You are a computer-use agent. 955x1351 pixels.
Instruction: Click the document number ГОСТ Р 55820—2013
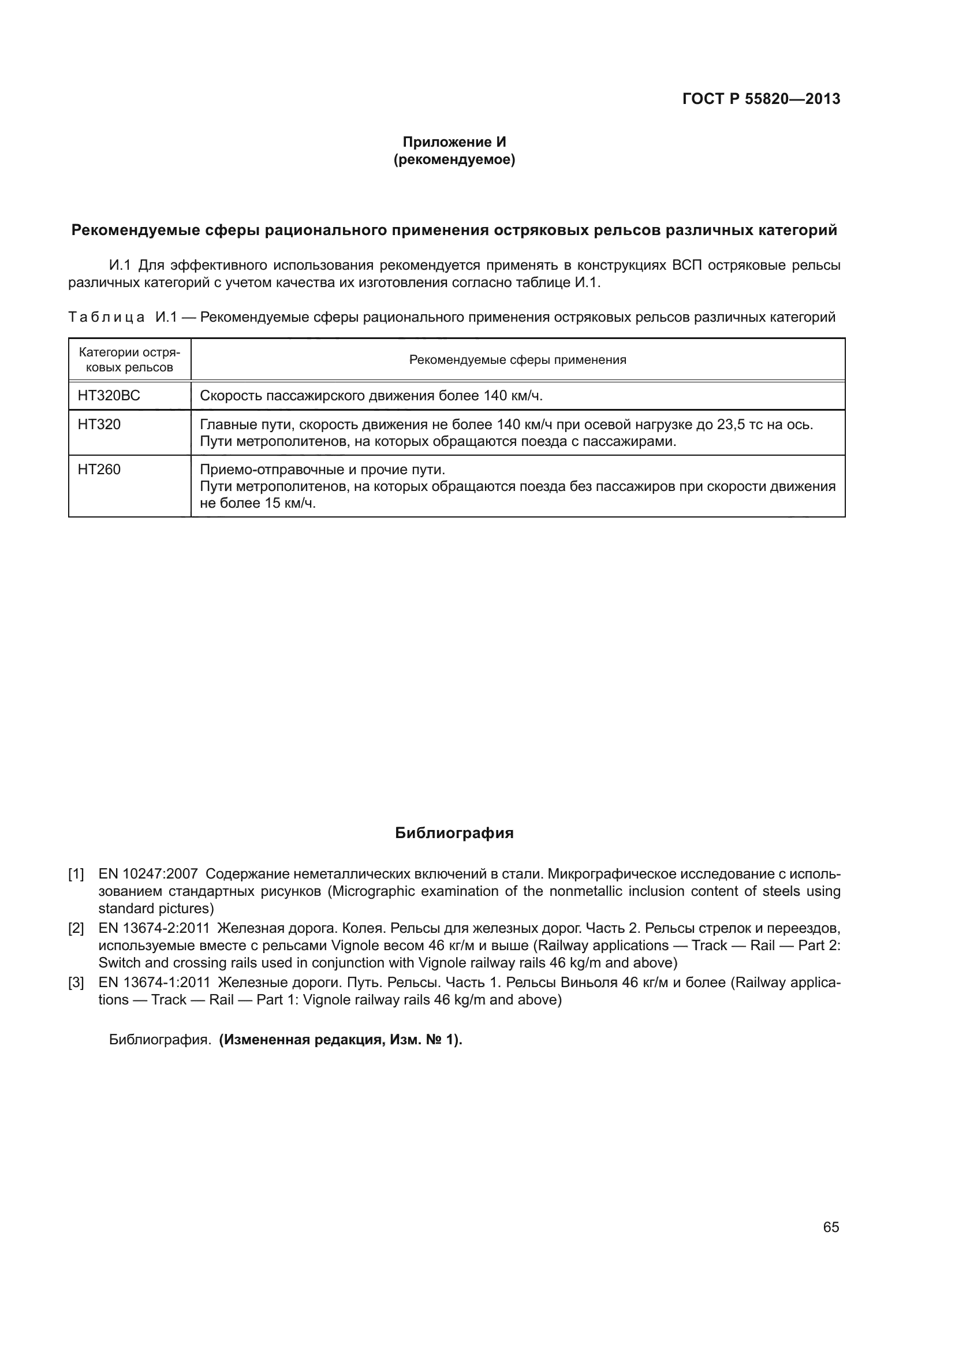tap(761, 99)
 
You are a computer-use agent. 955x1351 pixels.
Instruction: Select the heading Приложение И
tap(454, 142)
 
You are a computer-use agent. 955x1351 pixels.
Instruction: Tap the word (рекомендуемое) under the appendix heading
tap(454, 159)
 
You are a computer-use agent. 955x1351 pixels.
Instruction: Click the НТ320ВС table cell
tap(109, 396)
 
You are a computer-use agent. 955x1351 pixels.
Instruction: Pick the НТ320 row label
tap(99, 425)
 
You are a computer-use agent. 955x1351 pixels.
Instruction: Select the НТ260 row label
tap(99, 470)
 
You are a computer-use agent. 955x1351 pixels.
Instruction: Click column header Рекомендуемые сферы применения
tap(517, 359)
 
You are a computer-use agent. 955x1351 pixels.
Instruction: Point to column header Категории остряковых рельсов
tap(129, 359)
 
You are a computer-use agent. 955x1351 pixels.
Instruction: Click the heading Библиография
tap(454, 833)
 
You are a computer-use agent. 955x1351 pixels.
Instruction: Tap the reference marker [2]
tap(76, 929)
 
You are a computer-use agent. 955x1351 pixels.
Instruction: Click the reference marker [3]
tap(76, 982)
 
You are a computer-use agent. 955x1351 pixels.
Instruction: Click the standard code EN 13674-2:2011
tap(154, 929)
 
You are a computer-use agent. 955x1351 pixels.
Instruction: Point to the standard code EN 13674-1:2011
tap(154, 982)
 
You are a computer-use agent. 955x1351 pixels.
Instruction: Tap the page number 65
tap(831, 1227)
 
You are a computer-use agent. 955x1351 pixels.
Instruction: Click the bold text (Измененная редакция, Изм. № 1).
tap(341, 1040)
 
